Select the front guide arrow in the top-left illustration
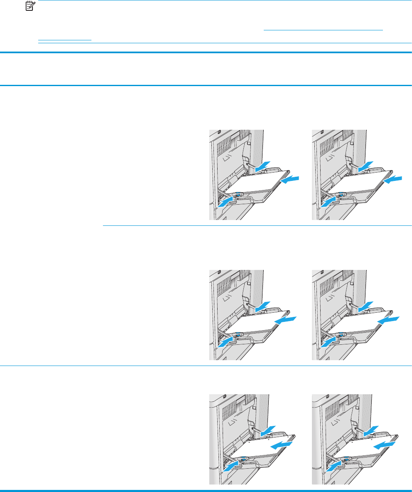pos(226,201)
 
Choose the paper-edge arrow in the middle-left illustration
pos(287,319)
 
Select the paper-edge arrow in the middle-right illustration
pos(389,319)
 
